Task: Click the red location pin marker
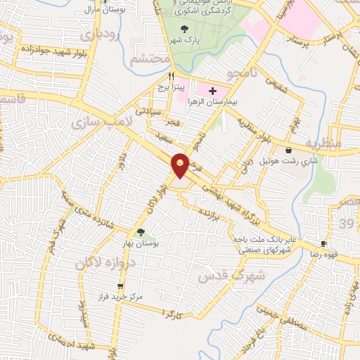tap(181, 165)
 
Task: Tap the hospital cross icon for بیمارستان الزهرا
tap(212, 91)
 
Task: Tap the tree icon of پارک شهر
tap(184, 29)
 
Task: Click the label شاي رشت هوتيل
tap(289, 161)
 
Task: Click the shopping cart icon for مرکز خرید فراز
tap(121, 286)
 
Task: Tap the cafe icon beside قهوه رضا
tap(323, 243)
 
